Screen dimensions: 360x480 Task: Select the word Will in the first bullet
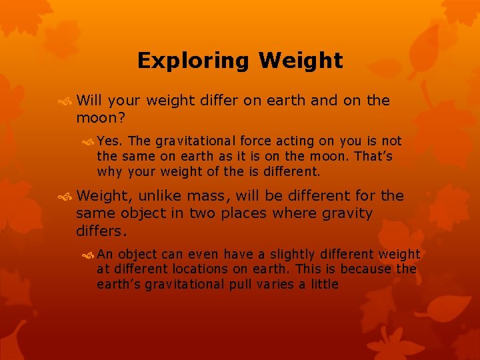[89, 101]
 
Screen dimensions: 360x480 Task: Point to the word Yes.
[110, 141]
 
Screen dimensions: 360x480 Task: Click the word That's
[374, 156]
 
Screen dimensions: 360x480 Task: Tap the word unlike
[163, 196]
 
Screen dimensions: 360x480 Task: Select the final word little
[321, 285]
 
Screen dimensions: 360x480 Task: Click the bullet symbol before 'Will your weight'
[65, 101]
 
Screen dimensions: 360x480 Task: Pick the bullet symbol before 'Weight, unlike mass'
[65, 197]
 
